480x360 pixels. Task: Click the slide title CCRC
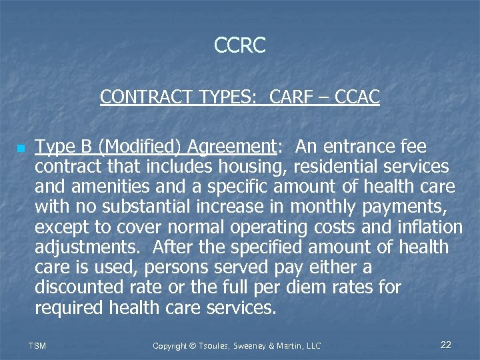[240, 45]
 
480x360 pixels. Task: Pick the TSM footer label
[37, 345]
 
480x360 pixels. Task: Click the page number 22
[446, 345]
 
